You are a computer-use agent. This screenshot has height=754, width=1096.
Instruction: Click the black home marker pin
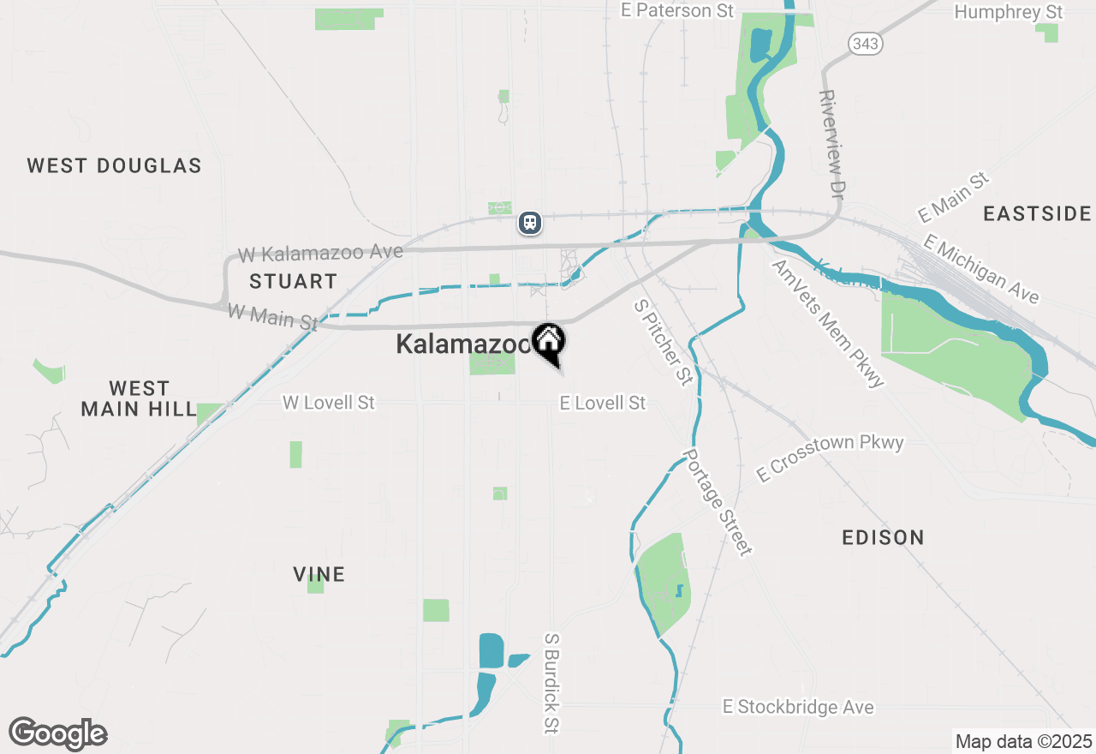(549, 342)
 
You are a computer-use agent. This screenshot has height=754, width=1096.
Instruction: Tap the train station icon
(530, 223)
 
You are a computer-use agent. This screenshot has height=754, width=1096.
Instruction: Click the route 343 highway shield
(866, 44)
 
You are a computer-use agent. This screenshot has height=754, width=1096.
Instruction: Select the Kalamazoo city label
(463, 344)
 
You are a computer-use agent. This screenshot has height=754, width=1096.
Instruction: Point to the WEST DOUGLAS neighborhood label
(114, 165)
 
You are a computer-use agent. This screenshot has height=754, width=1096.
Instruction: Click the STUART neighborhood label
(293, 281)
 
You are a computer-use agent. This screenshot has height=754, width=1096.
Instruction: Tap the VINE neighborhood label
(319, 574)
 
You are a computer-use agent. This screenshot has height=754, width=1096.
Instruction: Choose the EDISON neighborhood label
(883, 537)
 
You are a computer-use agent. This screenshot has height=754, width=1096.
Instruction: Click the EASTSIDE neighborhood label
(1037, 213)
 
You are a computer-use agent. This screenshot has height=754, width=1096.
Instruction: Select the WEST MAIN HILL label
(139, 399)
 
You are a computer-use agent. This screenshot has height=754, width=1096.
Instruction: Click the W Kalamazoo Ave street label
(320, 254)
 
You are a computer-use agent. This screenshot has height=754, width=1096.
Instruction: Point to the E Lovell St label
(602, 403)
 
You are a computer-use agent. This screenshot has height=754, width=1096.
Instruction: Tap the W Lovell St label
(329, 402)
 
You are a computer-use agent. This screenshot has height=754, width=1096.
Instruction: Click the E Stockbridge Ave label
(798, 707)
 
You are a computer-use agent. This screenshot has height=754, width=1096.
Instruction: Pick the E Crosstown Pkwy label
(830, 458)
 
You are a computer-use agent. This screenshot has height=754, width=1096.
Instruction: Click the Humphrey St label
(1008, 12)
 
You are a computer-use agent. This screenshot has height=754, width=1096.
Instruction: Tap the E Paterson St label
(677, 10)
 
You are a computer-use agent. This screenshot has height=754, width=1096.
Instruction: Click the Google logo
(57, 733)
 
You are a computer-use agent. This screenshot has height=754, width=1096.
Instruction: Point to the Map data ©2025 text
(1023, 741)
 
